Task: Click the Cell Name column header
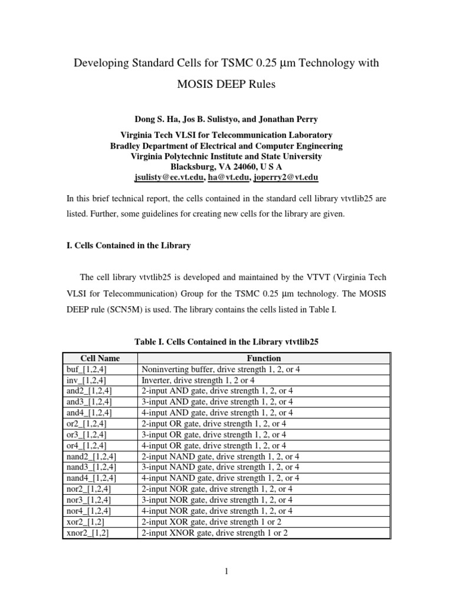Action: coord(100,358)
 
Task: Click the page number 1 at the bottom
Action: coord(226,571)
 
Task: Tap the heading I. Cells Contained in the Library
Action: coord(129,245)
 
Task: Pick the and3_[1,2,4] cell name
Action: coord(90,401)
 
